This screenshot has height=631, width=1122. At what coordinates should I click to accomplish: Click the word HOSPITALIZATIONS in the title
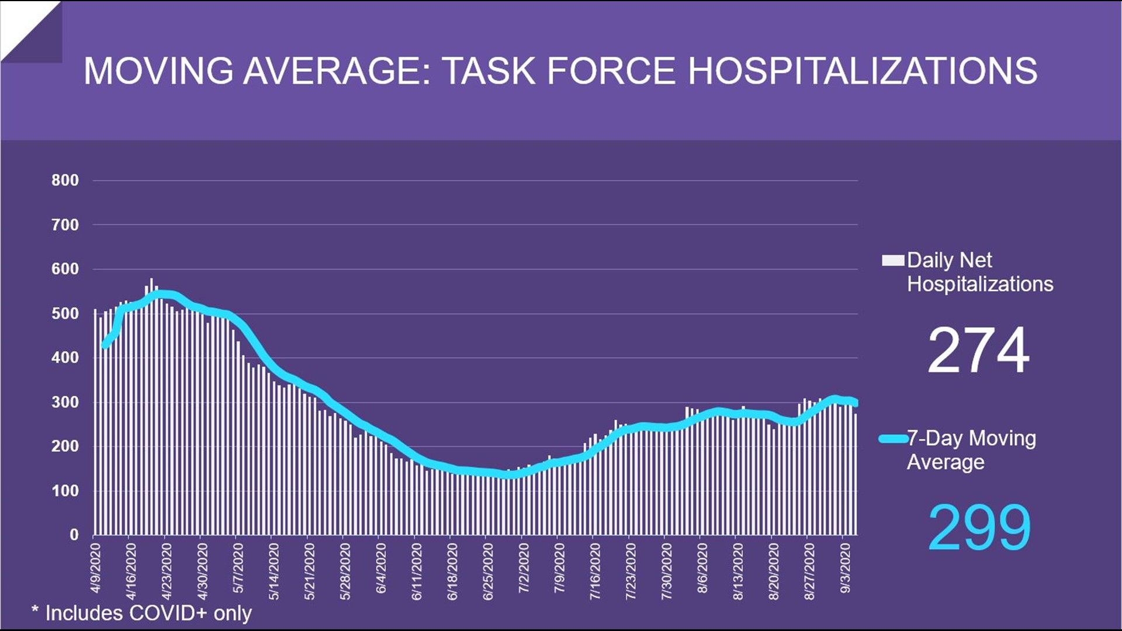pyautogui.click(x=863, y=71)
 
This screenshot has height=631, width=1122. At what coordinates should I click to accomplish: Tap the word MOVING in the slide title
pyautogui.click(x=158, y=71)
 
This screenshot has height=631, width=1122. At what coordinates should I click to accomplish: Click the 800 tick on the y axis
pyautogui.click(x=65, y=181)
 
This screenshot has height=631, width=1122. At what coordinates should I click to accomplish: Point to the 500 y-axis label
pyautogui.click(x=65, y=314)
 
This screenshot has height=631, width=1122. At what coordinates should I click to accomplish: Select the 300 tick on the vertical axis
pyautogui.click(x=65, y=403)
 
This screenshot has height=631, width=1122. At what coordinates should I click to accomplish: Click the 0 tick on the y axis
pyautogui.click(x=74, y=535)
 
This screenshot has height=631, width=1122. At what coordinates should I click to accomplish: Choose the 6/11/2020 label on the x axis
pyautogui.click(x=417, y=571)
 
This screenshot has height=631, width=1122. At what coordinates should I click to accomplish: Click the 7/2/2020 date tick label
pyautogui.click(x=524, y=568)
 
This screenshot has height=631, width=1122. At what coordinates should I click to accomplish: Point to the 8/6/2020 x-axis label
pyautogui.click(x=702, y=568)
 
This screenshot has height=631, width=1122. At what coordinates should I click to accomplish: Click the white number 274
pyautogui.click(x=978, y=351)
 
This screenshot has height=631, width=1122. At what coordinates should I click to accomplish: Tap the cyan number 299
pyautogui.click(x=979, y=528)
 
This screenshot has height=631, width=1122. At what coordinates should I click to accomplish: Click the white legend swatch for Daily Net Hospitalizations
pyautogui.click(x=892, y=261)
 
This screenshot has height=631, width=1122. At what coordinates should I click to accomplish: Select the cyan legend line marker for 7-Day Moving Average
pyautogui.click(x=892, y=438)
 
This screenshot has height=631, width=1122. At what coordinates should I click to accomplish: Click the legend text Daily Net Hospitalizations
pyautogui.click(x=979, y=272)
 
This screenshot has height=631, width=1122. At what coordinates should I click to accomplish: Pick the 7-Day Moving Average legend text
pyautogui.click(x=971, y=450)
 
